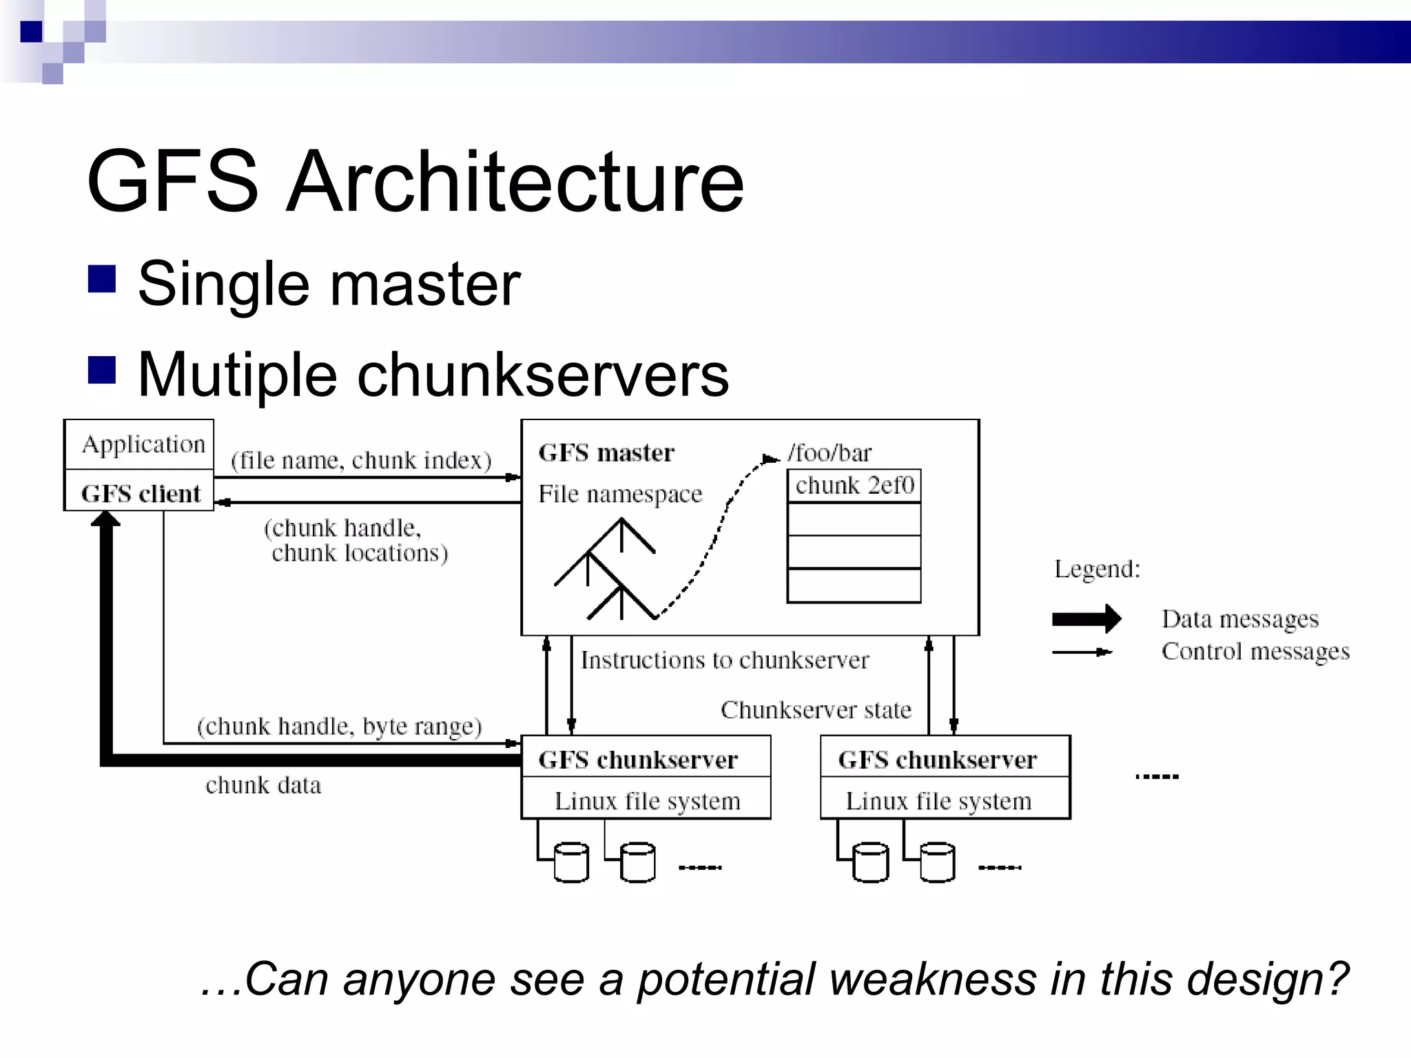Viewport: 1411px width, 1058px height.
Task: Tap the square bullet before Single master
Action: (x=102, y=280)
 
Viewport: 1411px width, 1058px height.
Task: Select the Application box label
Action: (x=143, y=444)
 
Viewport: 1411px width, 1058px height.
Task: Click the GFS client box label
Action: (x=141, y=494)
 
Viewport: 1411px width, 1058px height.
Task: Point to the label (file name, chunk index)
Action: (x=361, y=460)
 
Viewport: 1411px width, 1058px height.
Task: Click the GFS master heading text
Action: (x=606, y=453)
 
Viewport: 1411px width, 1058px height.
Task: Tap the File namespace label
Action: (x=620, y=494)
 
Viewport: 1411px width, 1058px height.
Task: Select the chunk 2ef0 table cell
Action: (x=854, y=486)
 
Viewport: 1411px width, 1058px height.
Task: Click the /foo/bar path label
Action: (x=830, y=453)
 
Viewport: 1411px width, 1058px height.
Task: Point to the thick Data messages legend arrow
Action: (x=1086, y=619)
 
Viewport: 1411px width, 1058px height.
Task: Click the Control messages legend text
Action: (x=1255, y=651)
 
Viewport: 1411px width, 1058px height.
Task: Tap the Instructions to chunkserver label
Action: (x=724, y=660)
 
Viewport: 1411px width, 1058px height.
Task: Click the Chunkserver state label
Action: (x=816, y=709)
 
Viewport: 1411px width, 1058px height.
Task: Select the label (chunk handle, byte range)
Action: (x=339, y=726)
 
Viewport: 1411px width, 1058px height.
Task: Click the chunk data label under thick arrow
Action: (x=263, y=785)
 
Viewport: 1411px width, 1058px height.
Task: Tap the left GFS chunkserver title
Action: (x=637, y=760)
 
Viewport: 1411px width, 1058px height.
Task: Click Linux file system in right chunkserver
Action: (x=938, y=801)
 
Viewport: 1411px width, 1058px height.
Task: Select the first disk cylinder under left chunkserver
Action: (x=571, y=862)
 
